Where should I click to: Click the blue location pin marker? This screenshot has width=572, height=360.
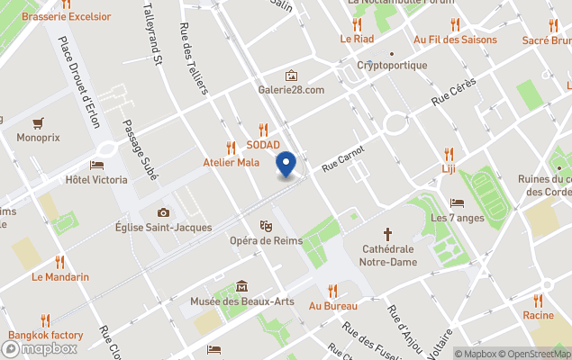click(x=286, y=166)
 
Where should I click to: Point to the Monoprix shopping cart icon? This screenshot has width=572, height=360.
click(x=38, y=122)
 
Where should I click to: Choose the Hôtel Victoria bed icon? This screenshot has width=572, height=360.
click(x=96, y=166)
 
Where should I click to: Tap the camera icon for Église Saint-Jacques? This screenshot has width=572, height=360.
click(x=163, y=212)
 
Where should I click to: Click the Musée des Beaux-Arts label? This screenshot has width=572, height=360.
click(x=241, y=301)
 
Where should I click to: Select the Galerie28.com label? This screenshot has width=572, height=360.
click(x=291, y=90)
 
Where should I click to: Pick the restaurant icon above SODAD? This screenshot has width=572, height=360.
click(x=263, y=130)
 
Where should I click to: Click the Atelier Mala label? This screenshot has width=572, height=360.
click(x=231, y=163)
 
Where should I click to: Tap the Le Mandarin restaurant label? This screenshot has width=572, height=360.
click(x=60, y=277)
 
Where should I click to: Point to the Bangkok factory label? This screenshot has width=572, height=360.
click(x=46, y=336)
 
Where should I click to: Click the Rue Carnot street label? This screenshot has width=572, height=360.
click(x=343, y=158)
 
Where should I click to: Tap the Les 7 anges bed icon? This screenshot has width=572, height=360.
click(x=458, y=202)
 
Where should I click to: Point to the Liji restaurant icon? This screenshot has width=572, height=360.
click(x=449, y=153)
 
